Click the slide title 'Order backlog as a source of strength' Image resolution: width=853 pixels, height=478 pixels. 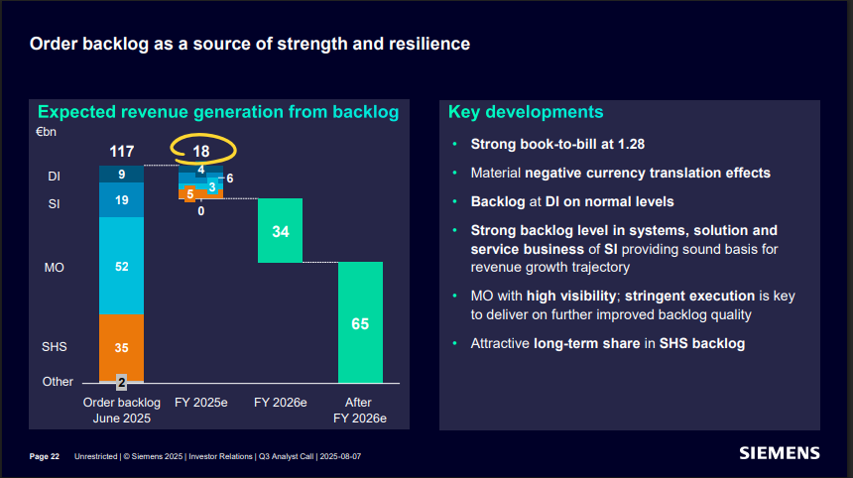(x=249, y=44)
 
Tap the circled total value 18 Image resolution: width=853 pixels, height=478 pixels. (x=201, y=151)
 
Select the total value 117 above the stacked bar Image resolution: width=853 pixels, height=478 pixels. (x=121, y=152)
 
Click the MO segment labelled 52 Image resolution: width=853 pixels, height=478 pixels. (x=121, y=267)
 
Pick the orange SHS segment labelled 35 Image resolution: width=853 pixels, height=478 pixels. (x=121, y=348)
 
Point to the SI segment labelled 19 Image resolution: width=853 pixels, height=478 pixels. (x=121, y=200)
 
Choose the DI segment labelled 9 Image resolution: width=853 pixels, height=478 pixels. (x=121, y=175)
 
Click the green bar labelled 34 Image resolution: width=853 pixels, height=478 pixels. (x=281, y=231)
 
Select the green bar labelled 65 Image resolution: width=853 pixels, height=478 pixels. (x=360, y=323)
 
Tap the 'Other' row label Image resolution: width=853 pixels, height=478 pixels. (x=58, y=382)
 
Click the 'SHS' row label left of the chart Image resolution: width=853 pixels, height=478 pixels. (x=55, y=348)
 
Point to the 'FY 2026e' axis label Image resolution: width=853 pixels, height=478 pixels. (x=281, y=403)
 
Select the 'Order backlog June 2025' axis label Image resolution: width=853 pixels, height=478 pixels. (x=120, y=411)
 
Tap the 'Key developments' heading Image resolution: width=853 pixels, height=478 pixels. (x=525, y=112)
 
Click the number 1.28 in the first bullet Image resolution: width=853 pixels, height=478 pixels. (x=627, y=144)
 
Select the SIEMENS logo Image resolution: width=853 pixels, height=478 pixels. (x=780, y=453)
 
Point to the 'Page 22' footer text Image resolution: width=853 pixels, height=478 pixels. (x=45, y=456)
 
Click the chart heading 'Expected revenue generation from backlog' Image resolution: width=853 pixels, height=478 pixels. (x=218, y=112)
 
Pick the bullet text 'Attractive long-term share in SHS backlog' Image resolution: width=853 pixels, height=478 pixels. (x=607, y=344)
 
